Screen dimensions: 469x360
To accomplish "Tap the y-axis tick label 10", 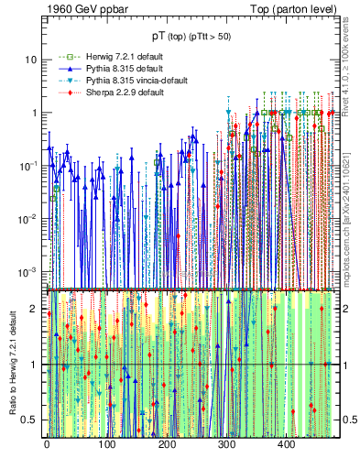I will click(30, 60).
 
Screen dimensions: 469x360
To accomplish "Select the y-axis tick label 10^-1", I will click(27, 166).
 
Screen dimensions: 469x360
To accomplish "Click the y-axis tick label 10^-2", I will click(27, 219).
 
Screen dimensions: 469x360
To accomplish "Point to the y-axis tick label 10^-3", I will click(27, 272).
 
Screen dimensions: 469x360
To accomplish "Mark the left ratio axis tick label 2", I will click(34, 309).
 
